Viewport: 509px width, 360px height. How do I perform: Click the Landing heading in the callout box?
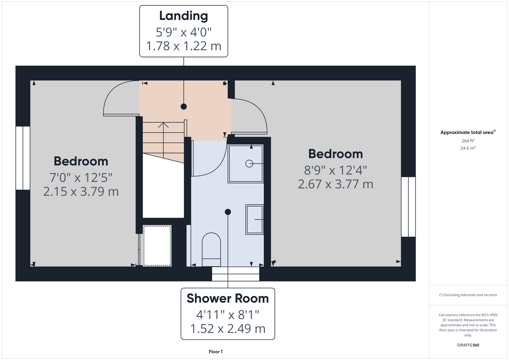(184, 16)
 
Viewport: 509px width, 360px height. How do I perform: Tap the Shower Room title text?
(228, 298)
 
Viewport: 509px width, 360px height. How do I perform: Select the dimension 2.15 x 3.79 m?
(81, 192)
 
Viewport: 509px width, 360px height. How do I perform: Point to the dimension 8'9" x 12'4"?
(335, 170)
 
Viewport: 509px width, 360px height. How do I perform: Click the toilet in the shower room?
(211, 249)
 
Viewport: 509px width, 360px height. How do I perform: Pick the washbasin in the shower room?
(254, 219)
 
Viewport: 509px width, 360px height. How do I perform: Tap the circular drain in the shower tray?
(249, 163)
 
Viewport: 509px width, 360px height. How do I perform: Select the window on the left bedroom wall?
(23, 158)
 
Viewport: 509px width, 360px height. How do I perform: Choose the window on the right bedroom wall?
(408, 207)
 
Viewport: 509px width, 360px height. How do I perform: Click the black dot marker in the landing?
(184, 107)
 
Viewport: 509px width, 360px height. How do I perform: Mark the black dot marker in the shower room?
(228, 212)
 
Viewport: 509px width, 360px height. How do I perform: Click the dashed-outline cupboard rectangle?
(157, 246)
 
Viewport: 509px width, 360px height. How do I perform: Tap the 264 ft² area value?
(468, 141)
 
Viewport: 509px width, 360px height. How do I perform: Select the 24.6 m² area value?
(468, 148)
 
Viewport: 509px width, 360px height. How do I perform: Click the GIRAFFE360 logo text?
(468, 345)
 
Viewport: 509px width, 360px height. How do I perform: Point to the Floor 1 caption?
(216, 352)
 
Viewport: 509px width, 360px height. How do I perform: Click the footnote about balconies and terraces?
(468, 295)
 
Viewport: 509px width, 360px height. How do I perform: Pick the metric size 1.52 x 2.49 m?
(228, 328)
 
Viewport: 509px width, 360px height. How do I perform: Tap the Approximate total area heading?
(468, 132)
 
